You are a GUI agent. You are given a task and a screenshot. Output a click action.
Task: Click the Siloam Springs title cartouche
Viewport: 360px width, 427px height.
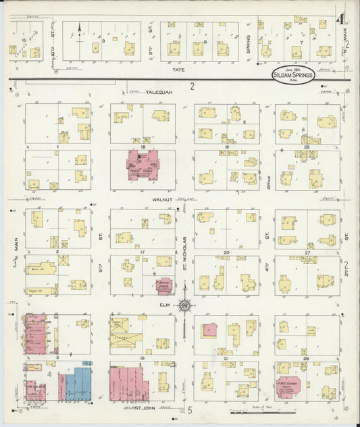[294, 74]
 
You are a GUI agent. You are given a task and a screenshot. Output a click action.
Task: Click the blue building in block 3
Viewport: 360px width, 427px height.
[76, 384]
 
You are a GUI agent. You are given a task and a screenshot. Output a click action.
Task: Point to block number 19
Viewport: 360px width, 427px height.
[227, 147]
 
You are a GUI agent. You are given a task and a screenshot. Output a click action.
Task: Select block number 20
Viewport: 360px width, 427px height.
[227, 252]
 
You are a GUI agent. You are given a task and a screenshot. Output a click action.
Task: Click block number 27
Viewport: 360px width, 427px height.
[306, 252]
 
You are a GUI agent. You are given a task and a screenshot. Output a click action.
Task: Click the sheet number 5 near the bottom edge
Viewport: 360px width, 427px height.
[191, 410]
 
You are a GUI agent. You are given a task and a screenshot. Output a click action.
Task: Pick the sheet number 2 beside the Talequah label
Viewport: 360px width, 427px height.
[192, 86]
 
